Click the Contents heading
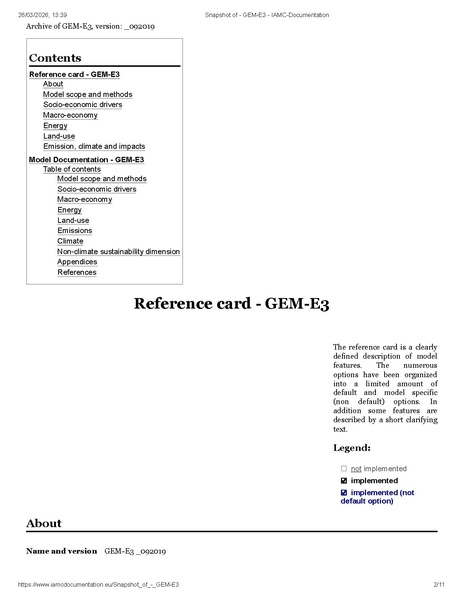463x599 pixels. click(x=55, y=58)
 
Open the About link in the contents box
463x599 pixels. click(x=52, y=84)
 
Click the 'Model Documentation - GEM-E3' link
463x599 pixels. click(x=86, y=159)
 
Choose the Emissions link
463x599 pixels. click(x=74, y=231)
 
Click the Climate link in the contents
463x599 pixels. click(x=70, y=241)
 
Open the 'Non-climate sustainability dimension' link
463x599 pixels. click(x=118, y=251)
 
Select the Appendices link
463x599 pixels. click(x=76, y=262)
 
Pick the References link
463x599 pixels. click(x=77, y=272)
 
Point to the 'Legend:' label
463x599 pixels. click(x=352, y=448)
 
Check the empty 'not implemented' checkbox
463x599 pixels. click(x=343, y=468)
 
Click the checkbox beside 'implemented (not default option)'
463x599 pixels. click(x=343, y=492)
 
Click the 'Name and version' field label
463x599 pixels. click(x=61, y=550)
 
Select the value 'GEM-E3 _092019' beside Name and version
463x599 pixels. click(x=135, y=550)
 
